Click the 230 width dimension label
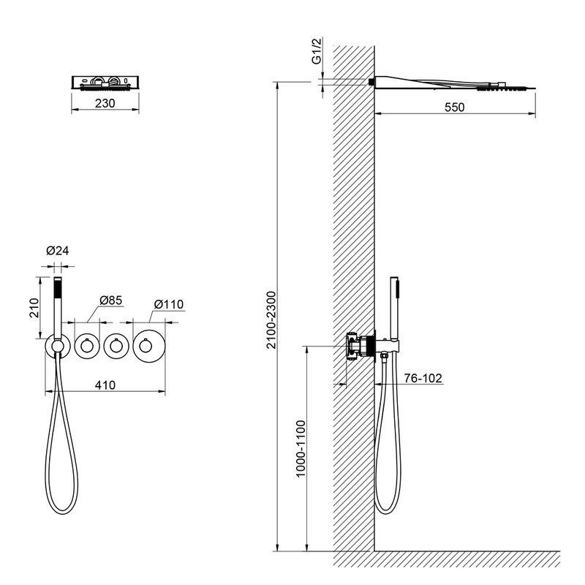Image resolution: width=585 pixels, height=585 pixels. click(105, 103)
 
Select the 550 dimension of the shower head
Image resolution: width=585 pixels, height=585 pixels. click(454, 107)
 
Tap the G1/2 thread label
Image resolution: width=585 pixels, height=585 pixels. click(317, 50)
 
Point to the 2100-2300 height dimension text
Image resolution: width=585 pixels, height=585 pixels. click(271, 320)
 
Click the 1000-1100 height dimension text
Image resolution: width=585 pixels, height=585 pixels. click(301, 449)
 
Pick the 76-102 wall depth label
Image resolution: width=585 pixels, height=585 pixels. click(423, 378)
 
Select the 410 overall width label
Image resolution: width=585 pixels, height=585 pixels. click(105, 385)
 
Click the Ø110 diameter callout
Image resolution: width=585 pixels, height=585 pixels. click(169, 304)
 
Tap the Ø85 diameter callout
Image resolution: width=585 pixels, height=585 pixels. click(111, 301)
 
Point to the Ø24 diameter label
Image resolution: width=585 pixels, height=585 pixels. click(58, 251)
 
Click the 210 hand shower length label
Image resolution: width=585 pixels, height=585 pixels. click(34, 308)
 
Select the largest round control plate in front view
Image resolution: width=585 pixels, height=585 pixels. click(149, 346)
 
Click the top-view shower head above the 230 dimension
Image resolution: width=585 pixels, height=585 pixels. click(105, 83)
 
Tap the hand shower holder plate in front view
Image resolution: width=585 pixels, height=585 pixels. click(58, 346)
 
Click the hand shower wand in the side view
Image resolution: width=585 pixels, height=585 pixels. click(394, 309)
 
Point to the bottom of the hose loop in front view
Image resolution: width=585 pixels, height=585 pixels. click(62, 514)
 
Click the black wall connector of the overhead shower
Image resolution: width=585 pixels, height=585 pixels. click(371, 82)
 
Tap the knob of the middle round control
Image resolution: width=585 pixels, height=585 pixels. click(116, 346)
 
